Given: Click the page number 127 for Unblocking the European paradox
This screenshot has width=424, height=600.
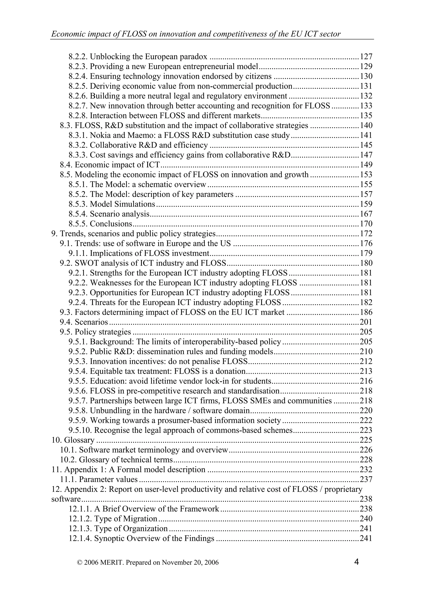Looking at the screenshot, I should click(366, 57).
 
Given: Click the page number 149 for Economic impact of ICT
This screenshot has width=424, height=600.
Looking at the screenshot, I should click(366, 165).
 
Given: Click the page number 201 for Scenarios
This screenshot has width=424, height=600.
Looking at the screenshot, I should click(366, 322).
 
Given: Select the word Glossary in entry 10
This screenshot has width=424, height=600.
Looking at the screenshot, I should click(79, 440).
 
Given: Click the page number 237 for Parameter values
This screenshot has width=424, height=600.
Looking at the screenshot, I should click(366, 480).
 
